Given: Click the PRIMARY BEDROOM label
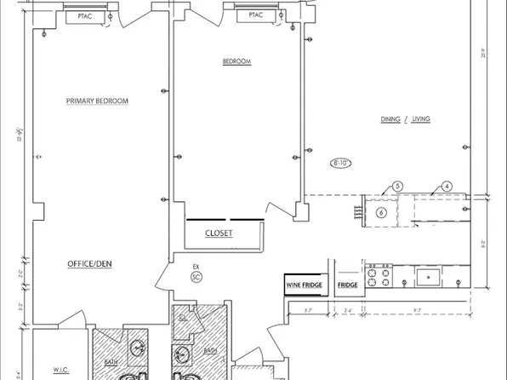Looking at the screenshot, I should [97, 101].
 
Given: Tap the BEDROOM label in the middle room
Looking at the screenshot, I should [236, 61].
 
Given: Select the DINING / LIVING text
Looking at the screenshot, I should [405, 119].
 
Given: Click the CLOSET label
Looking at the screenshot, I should [219, 233].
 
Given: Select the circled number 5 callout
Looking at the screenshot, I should [397, 187].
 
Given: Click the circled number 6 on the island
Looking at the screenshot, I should [382, 212].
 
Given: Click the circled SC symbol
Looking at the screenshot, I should [196, 277].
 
